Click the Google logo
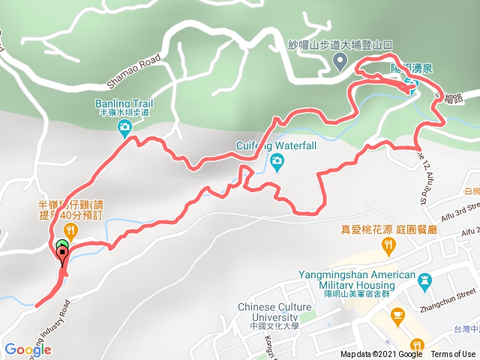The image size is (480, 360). click(x=27, y=349)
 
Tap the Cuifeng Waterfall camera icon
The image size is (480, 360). click(x=277, y=160)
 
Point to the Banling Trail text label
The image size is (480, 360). click(x=123, y=103)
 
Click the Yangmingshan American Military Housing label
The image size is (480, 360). click(x=356, y=280)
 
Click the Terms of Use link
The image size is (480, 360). click(x=452, y=355)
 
